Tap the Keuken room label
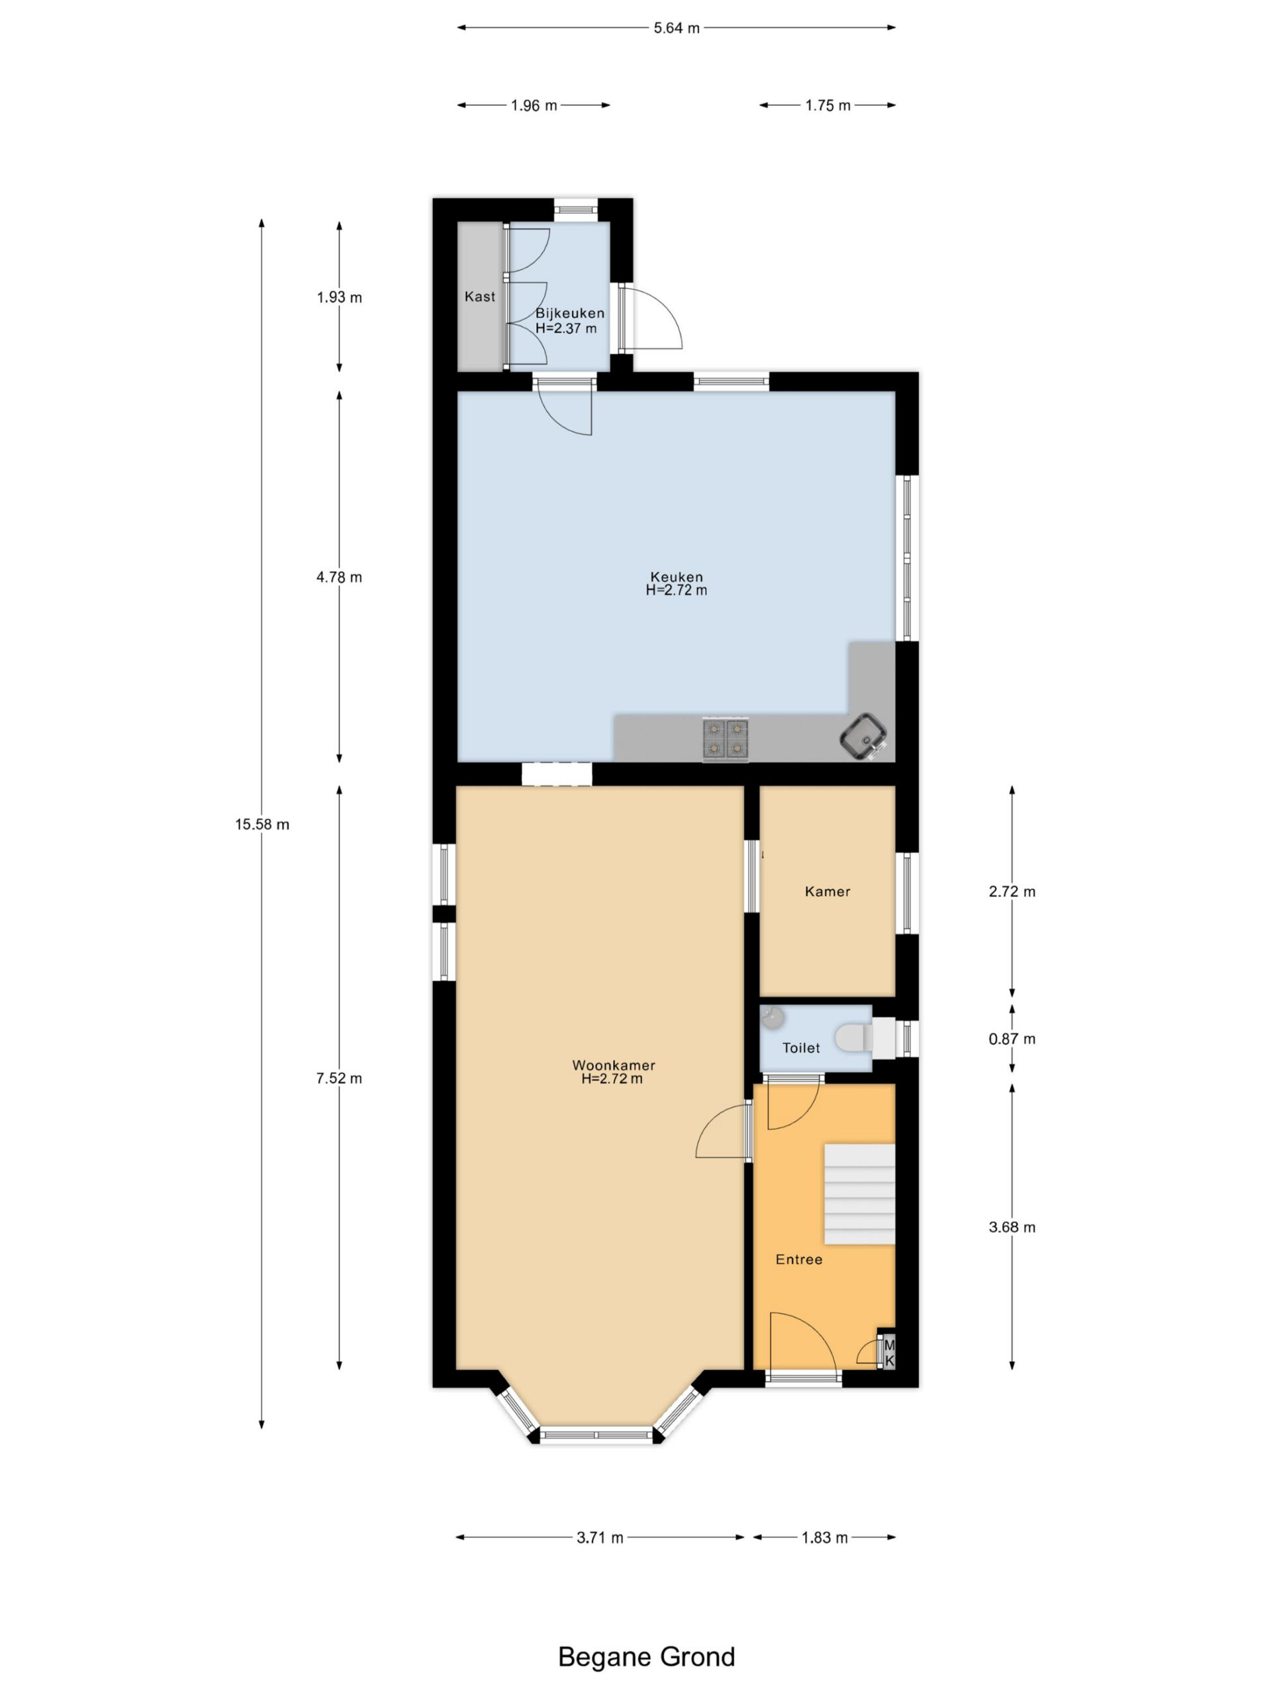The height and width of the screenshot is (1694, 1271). coord(668,570)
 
